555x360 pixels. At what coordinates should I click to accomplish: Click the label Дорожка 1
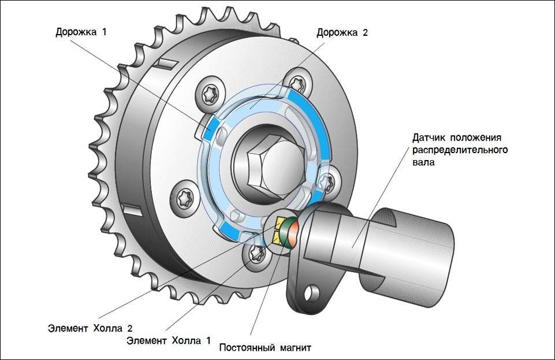(x=81, y=31)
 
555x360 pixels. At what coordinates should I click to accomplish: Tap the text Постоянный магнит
(x=266, y=348)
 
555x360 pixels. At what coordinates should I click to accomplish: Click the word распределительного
(x=460, y=150)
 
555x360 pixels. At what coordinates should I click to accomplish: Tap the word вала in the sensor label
(x=424, y=163)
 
